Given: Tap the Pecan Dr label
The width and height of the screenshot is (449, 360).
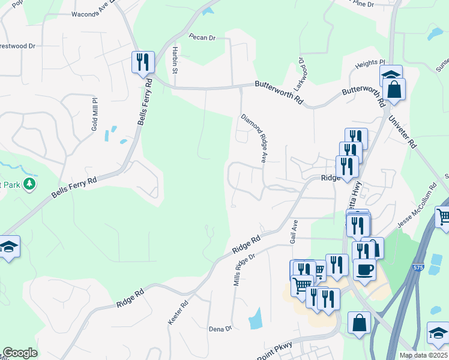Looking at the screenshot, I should [202, 37].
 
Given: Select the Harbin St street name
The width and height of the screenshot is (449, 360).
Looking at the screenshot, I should [175, 61].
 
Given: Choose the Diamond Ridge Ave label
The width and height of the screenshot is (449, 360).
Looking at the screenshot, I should [253, 139].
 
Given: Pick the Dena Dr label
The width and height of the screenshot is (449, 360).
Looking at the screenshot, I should [220, 329].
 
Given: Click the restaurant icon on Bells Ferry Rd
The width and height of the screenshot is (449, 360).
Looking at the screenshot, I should [143, 62].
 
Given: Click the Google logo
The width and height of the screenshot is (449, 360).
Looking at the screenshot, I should [20, 353].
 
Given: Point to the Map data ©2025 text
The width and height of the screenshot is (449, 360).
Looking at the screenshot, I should [423, 355].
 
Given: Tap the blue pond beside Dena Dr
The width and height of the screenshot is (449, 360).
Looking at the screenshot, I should [256, 318].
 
